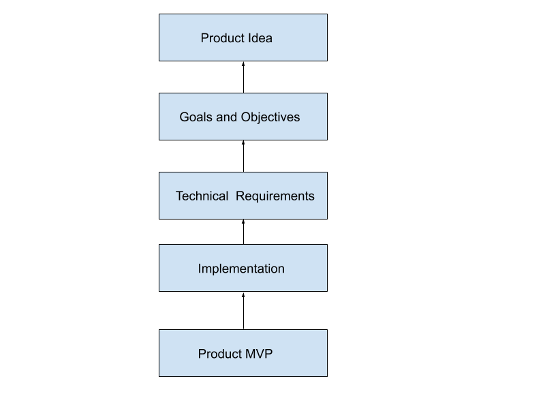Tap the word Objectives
(x=270, y=117)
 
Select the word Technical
(x=202, y=196)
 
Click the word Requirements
(x=275, y=196)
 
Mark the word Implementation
(x=241, y=269)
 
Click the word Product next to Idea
(x=222, y=38)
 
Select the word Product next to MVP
(x=219, y=354)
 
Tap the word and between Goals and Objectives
(x=227, y=117)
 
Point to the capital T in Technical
(x=180, y=196)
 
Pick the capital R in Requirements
(x=240, y=196)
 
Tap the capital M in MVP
(x=249, y=354)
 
